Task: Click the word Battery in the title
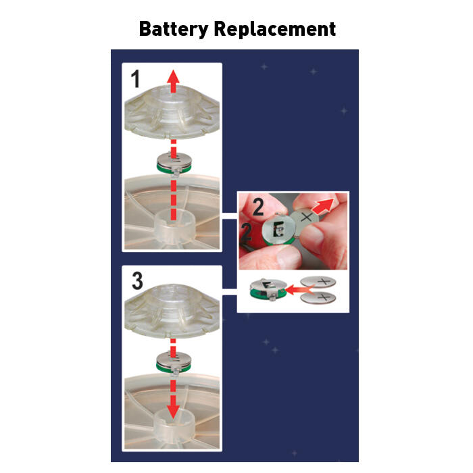pyautogui.click(x=174, y=29)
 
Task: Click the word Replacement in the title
pyautogui.click(x=275, y=29)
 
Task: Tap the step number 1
pyautogui.click(x=135, y=79)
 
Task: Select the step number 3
pyautogui.click(x=137, y=280)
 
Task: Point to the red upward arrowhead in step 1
pyautogui.click(x=173, y=77)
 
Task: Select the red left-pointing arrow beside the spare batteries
pyautogui.click(x=299, y=290)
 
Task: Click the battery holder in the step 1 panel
pyautogui.click(x=174, y=164)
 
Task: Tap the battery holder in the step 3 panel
pyautogui.click(x=174, y=363)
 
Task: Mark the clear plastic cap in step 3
pyautogui.click(x=172, y=312)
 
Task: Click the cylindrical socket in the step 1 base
pyautogui.click(x=174, y=228)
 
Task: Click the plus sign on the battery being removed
pyautogui.click(x=307, y=217)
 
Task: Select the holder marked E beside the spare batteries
pyautogui.click(x=268, y=290)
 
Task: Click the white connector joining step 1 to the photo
pyautogui.click(x=230, y=216)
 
